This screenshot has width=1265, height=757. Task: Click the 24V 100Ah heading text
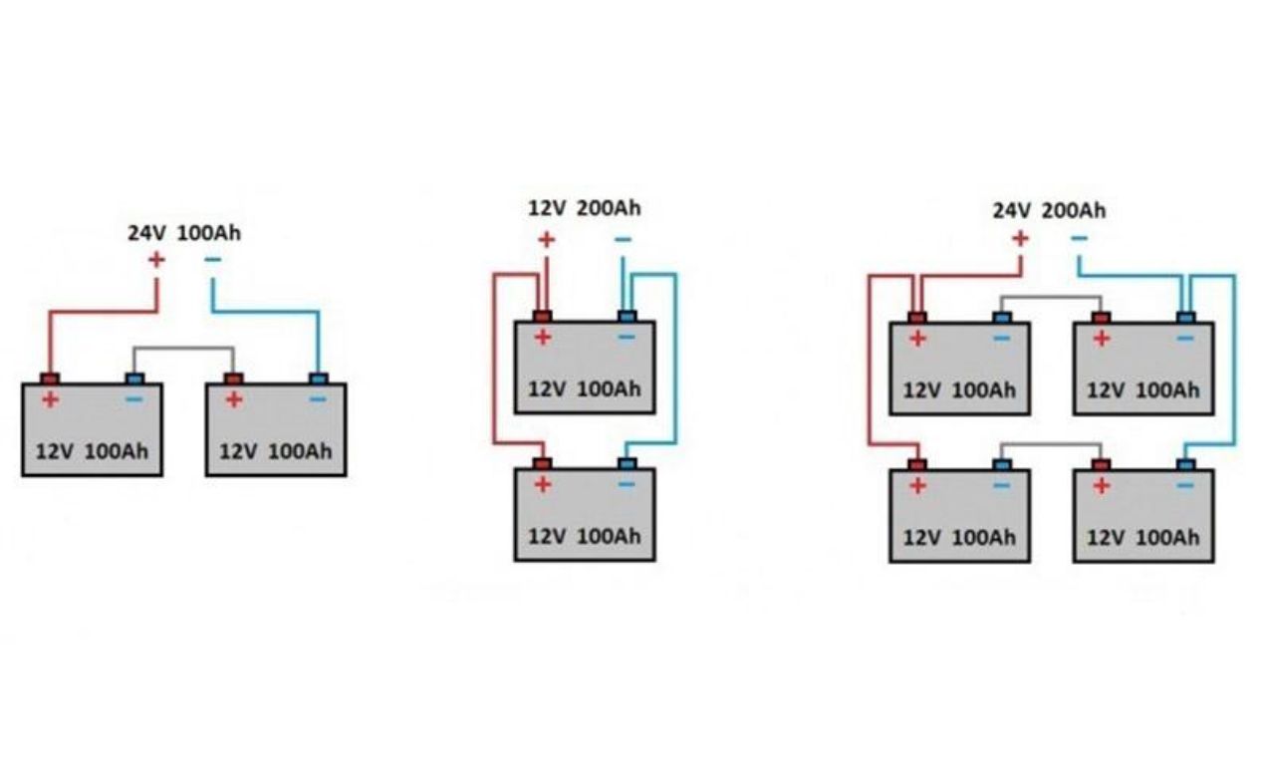tap(184, 234)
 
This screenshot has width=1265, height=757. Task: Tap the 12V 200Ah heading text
tap(585, 208)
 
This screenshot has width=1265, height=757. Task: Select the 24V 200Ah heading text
tap(1049, 211)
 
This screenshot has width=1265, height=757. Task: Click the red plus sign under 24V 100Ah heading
tap(156, 260)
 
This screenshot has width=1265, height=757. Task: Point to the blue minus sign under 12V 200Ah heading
tap(623, 239)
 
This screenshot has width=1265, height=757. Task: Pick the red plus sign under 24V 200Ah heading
tap(1020, 239)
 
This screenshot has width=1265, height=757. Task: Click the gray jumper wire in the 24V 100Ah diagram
tap(184, 349)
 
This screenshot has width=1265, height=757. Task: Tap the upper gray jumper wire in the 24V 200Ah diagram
tap(1051, 297)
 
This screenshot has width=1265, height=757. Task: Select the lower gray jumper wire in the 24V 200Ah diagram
tap(1051, 444)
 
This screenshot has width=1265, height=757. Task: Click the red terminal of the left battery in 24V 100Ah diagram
tap(49, 378)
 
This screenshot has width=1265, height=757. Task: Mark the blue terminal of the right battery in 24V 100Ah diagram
tap(318, 378)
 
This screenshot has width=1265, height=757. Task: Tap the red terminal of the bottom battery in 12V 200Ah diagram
tap(542, 463)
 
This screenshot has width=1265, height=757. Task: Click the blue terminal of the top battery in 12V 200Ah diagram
tap(627, 317)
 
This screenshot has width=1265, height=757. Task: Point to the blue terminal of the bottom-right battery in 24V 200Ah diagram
tap(1185, 464)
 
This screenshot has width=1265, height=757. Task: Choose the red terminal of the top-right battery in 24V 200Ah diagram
tap(1101, 318)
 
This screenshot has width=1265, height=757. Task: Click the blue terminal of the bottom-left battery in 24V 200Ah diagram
tap(1002, 464)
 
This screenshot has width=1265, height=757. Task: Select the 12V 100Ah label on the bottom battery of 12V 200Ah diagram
tap(585, 536)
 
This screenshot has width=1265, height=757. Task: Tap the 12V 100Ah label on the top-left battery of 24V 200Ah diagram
tap(959, 390)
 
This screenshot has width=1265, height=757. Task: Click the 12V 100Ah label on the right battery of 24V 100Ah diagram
tap(276, 451)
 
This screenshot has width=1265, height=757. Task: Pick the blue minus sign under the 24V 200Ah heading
tap(1079, 239)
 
